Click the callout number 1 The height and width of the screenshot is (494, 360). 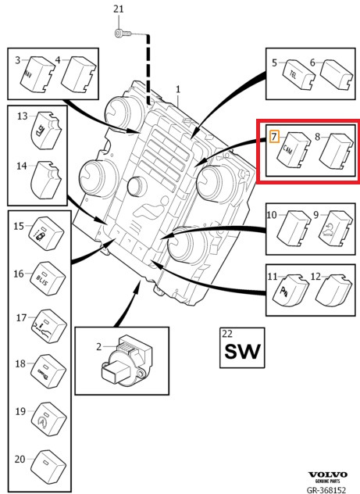pyautogui.click(x=177, y=91)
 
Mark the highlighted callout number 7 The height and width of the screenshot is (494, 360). pyautogui.click(x=273, y=137)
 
